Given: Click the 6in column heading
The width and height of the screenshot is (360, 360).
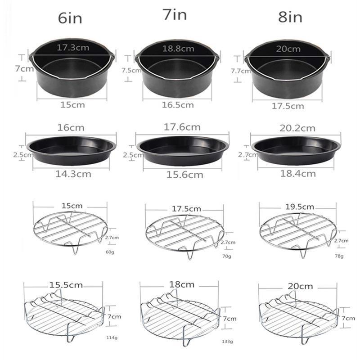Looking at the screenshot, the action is click(70, 18).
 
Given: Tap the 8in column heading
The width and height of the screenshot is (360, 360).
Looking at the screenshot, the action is click(290, 17).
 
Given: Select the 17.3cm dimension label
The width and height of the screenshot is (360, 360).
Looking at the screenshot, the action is click(73, 48).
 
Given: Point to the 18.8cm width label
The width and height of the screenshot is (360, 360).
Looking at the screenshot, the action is click(178, 49).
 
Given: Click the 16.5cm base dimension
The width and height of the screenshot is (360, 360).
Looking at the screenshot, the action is click(178, 105).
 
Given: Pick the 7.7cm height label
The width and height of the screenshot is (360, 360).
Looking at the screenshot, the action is click(241, 71).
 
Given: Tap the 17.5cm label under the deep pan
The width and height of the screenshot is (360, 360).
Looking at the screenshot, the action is click(288, 106).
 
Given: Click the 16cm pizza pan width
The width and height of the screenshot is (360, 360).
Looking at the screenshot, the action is click(71, 127).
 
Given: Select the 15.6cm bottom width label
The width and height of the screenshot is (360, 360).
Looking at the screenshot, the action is click(185, 175).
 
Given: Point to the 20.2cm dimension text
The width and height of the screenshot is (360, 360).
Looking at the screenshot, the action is click(297, 128).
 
